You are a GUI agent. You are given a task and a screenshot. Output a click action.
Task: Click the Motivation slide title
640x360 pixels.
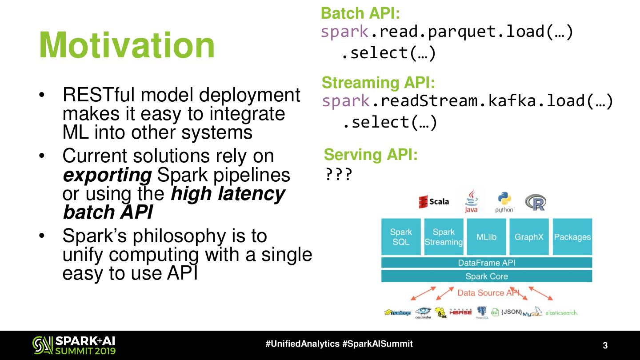coord(127,46)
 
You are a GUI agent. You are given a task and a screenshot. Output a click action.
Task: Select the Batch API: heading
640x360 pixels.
coord(360,13)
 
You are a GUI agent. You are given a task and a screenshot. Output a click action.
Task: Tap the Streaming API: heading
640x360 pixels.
coord(378,83)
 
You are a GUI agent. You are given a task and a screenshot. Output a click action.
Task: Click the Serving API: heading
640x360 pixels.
coord(371,155)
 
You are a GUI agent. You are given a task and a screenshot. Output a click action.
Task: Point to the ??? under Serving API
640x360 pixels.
coord(339,175)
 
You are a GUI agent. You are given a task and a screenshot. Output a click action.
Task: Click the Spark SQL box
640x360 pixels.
coord(401,237)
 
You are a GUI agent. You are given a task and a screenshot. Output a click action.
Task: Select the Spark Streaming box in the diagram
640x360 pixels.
coord(444,237)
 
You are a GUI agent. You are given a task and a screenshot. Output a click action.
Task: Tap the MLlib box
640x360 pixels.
coord(486,237)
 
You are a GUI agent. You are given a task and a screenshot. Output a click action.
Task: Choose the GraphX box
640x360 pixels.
coord(529,237)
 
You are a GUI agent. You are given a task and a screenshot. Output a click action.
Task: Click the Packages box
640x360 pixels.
coord(572,237)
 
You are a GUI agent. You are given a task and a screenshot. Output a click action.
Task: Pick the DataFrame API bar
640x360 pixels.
coord(487,263)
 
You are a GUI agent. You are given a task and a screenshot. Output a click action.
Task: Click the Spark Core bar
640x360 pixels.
coord(487,276)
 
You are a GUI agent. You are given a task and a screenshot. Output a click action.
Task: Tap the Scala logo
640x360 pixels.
coord(434,202)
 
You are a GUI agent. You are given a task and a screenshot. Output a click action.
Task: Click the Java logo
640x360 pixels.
coord(471,201)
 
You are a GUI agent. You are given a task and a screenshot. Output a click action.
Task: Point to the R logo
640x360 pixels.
coord(535,202)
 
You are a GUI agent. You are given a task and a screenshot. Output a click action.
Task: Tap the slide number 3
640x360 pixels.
coord(605,345)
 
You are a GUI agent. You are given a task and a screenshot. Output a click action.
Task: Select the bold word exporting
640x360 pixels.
coord(107,175)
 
